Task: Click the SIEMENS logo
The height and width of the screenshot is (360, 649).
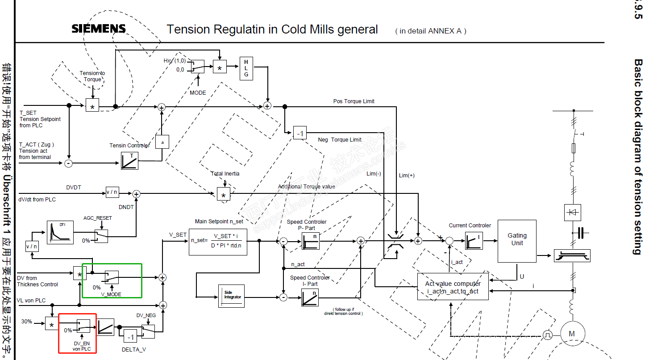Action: click(x=99, y=29)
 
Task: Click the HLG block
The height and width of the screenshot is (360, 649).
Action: click(x=246, y=68)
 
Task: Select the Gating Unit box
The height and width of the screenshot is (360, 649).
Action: click(x=517, y=241)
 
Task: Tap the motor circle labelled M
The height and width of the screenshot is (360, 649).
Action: click(x=571, y=334)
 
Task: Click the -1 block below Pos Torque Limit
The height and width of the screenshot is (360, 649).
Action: click(x=300, y=133)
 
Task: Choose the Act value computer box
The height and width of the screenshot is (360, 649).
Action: click(x=453, y=287)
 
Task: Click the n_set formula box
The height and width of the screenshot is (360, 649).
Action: click(x=218, y=242)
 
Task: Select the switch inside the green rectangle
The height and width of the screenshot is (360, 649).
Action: click(x=112, y=277)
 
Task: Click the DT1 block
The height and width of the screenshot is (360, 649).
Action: click(x=60, y=232)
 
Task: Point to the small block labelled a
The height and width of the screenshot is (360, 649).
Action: click(x=162, y=142)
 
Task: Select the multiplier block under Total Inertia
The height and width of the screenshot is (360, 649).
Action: click(x=224, y=194)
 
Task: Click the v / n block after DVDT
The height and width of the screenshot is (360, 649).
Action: click(x=112, y=193)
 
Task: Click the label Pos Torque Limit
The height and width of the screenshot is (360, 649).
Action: click(x=354, y=101)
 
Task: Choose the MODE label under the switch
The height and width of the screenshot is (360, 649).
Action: click(x=198, y=92)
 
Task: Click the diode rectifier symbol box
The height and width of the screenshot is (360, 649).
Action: click(x=573, y=212)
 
